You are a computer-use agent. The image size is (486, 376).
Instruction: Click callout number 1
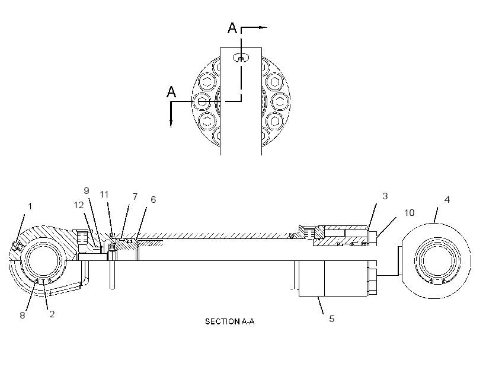[30, 206]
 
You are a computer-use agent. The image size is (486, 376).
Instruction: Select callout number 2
[52, 314]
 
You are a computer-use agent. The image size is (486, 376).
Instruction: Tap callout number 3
[385, 196]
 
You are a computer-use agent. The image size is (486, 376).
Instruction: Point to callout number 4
[447, 200]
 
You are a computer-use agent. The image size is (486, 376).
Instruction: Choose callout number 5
[332, 319]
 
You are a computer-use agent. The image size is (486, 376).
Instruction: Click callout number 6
[153, 200]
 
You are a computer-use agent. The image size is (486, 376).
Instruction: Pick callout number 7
[135, 197]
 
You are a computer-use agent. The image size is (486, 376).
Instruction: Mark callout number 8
[23, 315]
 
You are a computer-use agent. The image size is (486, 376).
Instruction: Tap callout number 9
[87, 190]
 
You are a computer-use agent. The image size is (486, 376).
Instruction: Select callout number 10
[410, 213]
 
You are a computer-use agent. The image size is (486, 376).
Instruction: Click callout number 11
[104, 195]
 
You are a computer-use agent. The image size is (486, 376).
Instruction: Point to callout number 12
[79, 205]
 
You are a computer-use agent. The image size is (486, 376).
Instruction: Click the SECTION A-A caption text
[230, 321]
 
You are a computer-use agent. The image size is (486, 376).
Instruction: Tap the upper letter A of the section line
[232, 28]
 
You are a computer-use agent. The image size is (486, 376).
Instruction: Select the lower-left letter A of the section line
[171, 92]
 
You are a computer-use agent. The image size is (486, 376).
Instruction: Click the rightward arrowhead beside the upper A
[263, 28]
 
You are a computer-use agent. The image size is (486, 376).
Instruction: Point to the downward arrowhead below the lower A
[171, 123]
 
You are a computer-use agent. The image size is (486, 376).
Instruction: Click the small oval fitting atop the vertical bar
[241, 58]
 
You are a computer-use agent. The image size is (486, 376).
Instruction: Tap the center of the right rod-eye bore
[437, 260]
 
